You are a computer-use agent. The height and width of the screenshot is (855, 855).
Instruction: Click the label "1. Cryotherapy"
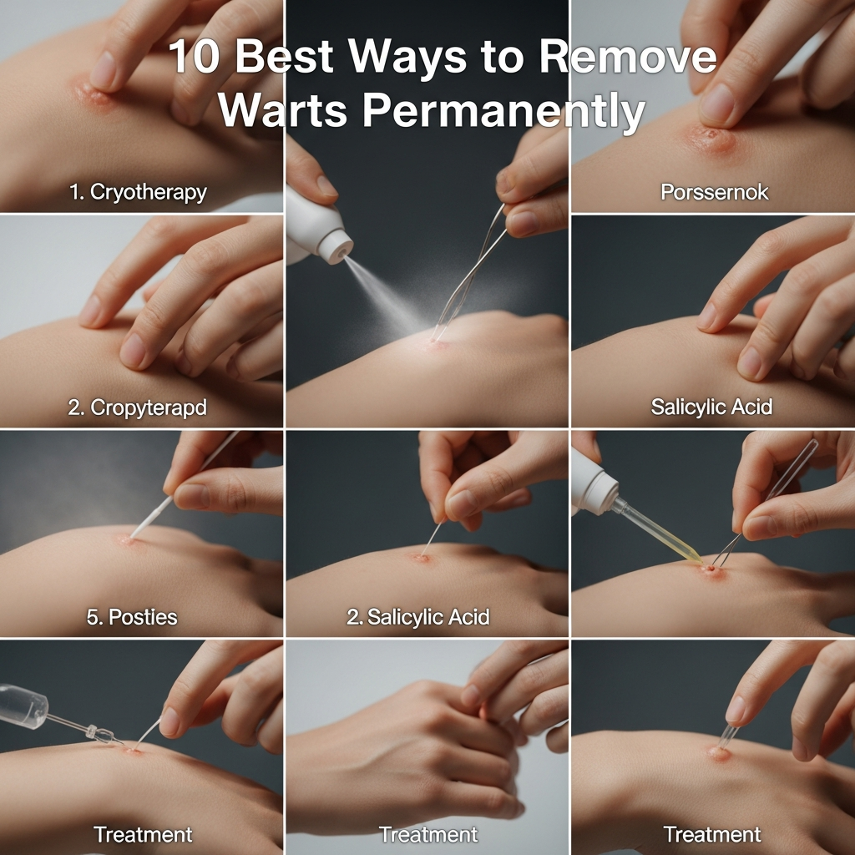pyautogui.click(x=138, y=192)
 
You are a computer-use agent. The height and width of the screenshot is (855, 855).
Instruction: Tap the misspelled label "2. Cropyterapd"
pyautogui.click(x=138, y=408)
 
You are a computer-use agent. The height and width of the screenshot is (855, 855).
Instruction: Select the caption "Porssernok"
pyautogui.click(x=714, y=192)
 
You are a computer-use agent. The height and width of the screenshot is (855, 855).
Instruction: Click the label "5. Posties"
pyautogui.click(x=132, y=618)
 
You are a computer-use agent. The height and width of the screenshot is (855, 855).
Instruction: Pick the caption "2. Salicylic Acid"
pyautogui.click(x=417, y=618)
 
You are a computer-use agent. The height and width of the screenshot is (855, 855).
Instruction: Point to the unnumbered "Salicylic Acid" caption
pyautogui.click(x=711, y=407)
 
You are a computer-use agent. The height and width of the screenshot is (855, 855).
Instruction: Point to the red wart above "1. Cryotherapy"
pyautogui.click(x=94, y=96)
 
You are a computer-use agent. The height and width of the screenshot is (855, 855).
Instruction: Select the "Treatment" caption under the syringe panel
pyautogui.click(x=143, y=834)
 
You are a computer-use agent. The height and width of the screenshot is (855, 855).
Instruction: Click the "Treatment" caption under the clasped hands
pyautogui.click(x=428, y=834)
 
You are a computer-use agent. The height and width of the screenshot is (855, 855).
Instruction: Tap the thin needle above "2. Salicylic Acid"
pyautogui.click(x=432, y=539)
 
